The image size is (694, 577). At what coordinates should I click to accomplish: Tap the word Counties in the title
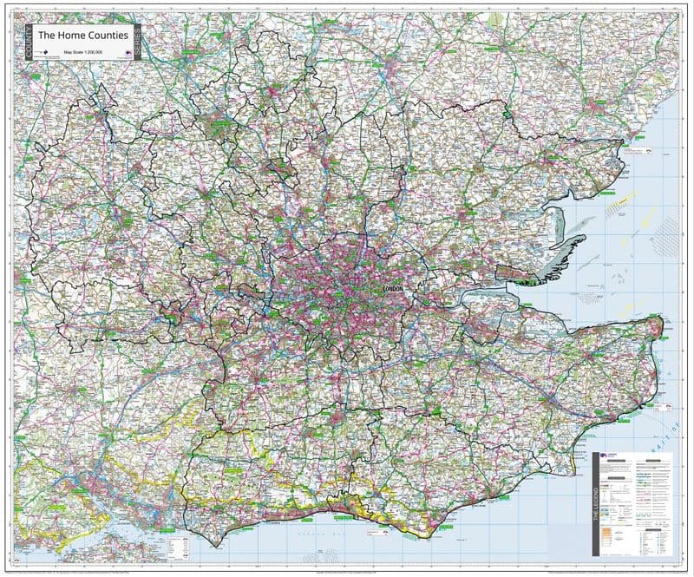point(110,36)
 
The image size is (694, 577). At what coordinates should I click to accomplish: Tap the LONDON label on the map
point(394,288)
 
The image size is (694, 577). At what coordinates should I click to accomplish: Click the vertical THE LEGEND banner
point(595,504)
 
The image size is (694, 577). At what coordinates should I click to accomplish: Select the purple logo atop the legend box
point(612,459)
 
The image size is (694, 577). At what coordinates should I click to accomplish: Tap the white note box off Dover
point(664,405)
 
